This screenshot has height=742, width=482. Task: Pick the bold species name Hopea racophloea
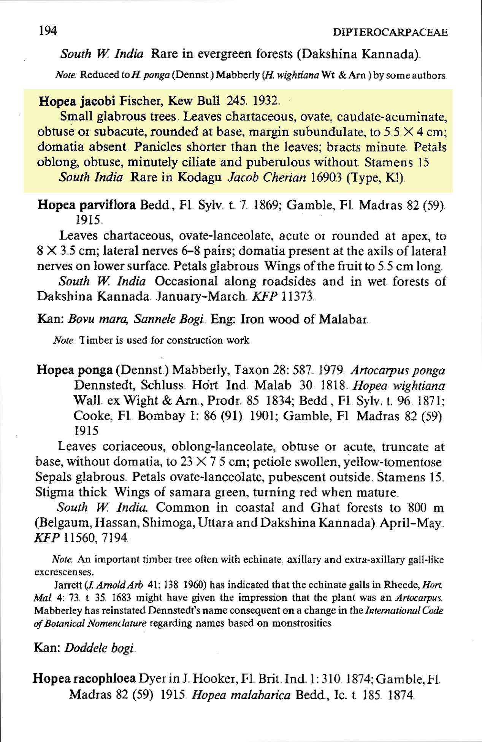pos(84,678)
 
